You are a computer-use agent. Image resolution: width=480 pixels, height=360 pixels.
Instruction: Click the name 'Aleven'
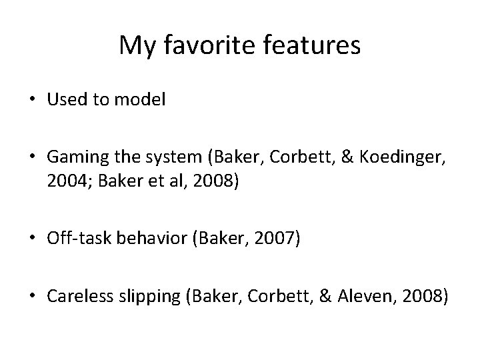coord(364,295)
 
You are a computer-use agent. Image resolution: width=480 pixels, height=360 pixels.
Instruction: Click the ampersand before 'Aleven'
coord(325,295)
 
